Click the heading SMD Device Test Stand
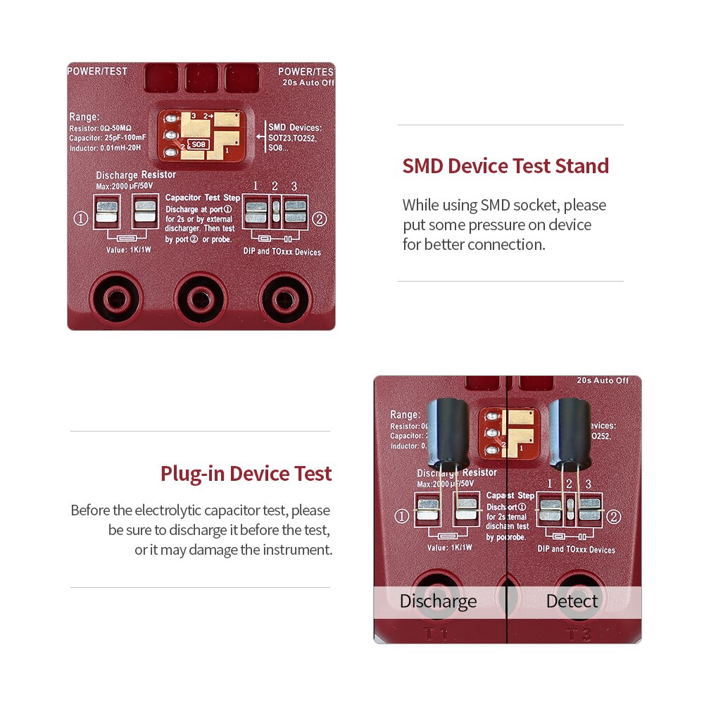505,166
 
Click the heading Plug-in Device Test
246,473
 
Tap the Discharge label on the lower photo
438,601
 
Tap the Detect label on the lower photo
572,601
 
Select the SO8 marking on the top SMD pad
199,144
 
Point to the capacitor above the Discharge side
447,433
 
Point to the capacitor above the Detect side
570,433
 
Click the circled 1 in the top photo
80,219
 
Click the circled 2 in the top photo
319,219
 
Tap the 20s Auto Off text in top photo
308,82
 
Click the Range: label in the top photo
84,117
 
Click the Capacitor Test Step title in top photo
203,199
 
